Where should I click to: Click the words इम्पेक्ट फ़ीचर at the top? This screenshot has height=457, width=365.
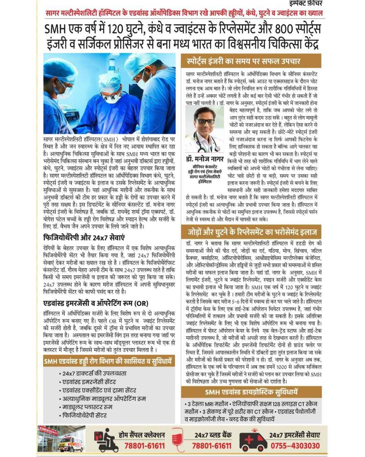(308, 4)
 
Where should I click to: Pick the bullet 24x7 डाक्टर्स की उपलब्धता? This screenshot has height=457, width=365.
(94, 374)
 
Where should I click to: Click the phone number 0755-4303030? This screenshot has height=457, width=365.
(295, 445)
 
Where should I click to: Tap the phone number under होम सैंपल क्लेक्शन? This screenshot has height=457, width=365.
(144, 445)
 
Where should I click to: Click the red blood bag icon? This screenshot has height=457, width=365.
(176, 440)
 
